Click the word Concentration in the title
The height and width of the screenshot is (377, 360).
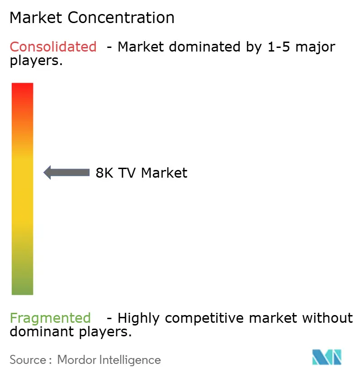click(121, 18)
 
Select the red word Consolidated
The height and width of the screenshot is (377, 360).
click(53, 47)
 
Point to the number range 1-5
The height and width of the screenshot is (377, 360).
click(277, 47)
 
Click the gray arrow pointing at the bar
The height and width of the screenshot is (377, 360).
click(66, 172)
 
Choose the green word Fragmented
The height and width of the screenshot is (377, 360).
click(50, 318)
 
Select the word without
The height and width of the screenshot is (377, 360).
click(327, 318)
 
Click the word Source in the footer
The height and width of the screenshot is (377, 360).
click(28, 360)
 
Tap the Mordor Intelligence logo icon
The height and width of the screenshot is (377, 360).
click(326, 357)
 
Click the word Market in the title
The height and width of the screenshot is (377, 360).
click(37, 18)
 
